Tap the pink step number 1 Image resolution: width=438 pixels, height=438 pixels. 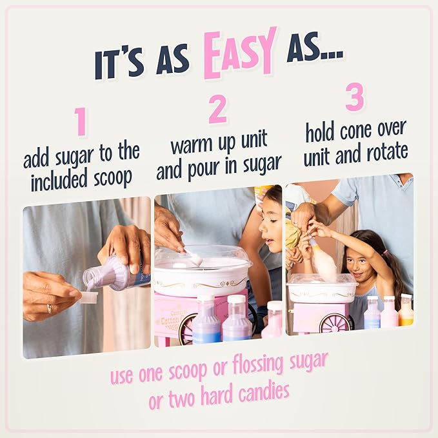pyautogui.click(x=80, y=122)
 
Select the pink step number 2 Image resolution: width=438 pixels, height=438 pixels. pyautogui.click(x=218, y=110)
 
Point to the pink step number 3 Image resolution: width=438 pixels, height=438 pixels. pyautogui.click(x=355, y=98)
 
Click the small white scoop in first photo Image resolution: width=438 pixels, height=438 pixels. pyautogui.click(x=88, y=297)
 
